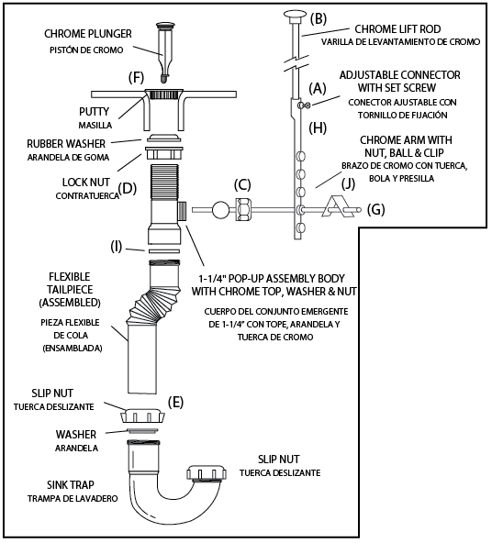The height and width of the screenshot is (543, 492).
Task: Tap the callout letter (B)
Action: coord(319,18)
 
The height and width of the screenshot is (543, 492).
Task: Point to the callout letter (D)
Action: coord(129,190)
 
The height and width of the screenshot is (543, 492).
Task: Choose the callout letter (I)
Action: coord(117,246)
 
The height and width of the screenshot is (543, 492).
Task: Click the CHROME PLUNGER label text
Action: coord(88,34)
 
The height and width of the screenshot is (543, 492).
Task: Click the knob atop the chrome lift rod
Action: coord(293,14)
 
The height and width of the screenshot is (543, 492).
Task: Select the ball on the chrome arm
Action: coord(220,209)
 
